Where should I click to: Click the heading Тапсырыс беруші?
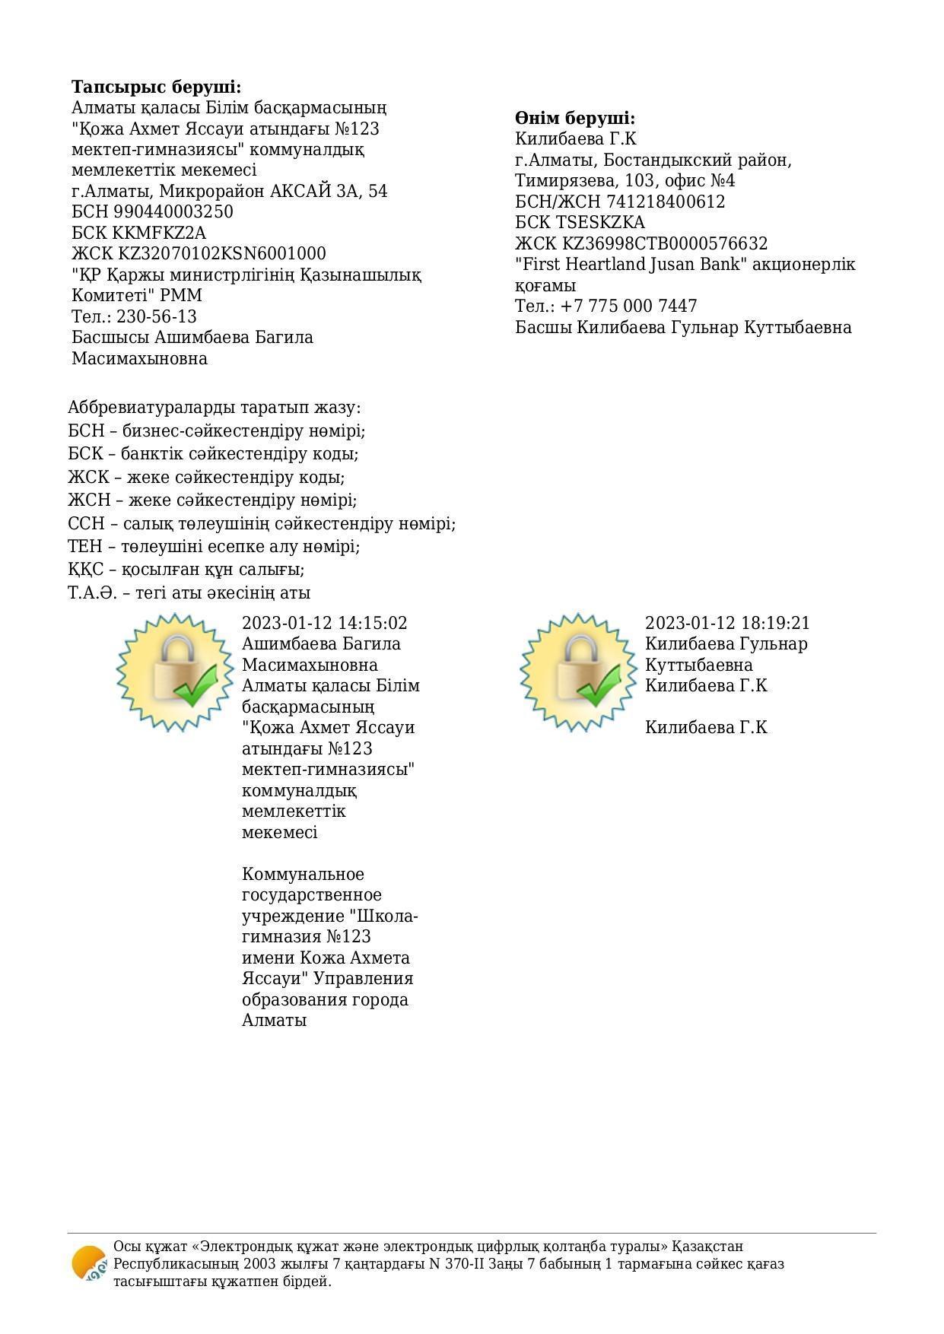pos(156,87)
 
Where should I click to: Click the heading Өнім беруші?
pos(574,118)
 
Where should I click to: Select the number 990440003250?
pos(173,211)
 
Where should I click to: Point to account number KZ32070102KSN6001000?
pos(221,253)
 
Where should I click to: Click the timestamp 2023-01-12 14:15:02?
pos(324,623)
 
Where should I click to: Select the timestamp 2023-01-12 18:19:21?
pos(727,623)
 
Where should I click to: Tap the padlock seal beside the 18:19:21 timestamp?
pos(579,672)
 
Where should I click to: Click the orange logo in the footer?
pos(89,1263)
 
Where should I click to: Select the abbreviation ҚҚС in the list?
pos(84,570)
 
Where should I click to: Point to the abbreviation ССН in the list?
pos(84,524)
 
